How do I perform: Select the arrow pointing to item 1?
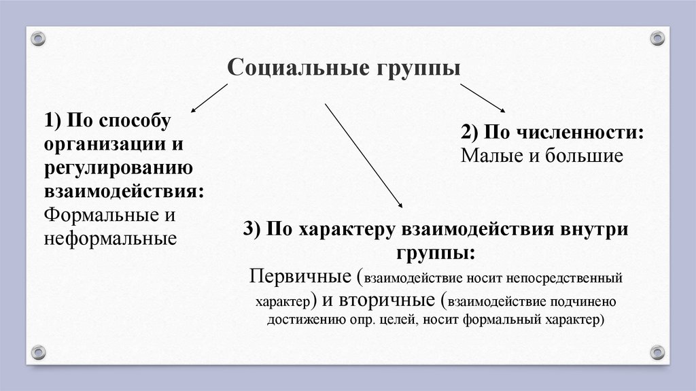[x=209, y=98]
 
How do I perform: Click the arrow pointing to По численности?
[x=483, y=98]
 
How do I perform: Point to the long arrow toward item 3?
[x=364, y=156]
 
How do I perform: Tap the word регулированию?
[x=118, y=167]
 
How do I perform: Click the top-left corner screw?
[x=38, y=39]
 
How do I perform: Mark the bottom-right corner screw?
[x=657, y=352]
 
